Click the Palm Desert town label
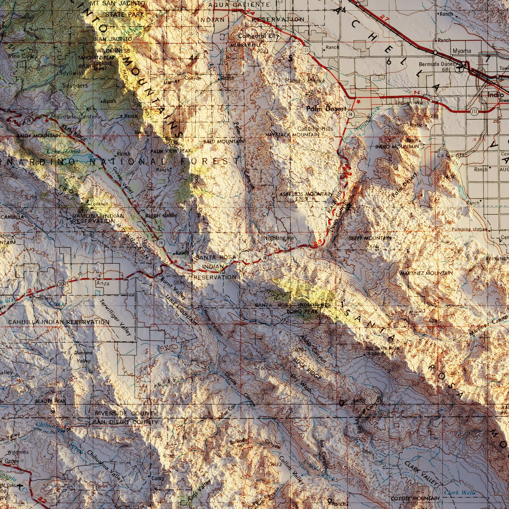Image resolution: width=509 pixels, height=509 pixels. point(326,109)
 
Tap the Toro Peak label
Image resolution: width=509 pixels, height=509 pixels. point(302,311)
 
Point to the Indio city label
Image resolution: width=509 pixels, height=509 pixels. point(496,95)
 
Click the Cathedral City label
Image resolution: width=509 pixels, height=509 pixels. point(258,36)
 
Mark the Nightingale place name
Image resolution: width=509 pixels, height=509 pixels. point(279,238)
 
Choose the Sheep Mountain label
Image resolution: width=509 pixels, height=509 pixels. point(370,238)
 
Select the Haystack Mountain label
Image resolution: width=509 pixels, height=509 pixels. point(292,135)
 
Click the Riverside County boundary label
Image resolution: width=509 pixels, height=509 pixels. point(126,413)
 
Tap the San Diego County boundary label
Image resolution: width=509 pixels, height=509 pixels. point(126,422)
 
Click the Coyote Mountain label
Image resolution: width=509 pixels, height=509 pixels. point(415,498)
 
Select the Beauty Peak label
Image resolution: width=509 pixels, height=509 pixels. point(50,401)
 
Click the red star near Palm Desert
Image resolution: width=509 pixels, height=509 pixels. point(359,101)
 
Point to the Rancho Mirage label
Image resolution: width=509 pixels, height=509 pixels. point(305,81)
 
